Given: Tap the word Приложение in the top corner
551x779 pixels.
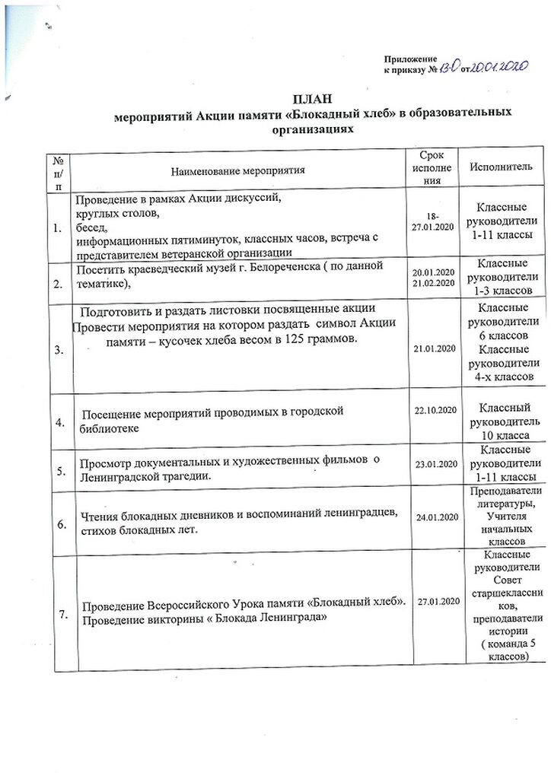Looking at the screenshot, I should (411, 59).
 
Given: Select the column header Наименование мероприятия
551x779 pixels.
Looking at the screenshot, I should (237, 170).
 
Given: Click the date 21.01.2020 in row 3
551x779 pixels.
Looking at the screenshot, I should (433, 348).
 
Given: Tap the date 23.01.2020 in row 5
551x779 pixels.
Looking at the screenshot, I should (433, 464).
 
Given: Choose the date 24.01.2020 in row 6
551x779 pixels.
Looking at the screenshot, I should (433, 517).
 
